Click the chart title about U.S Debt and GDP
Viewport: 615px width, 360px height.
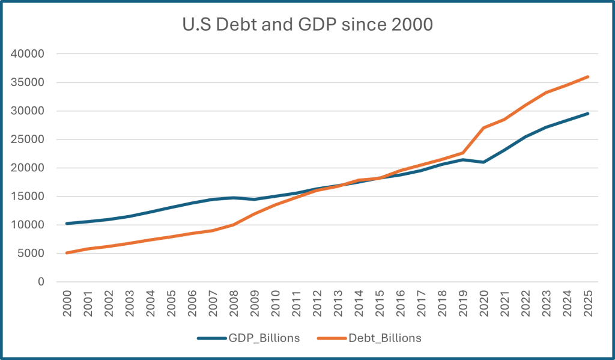tap(307, 25)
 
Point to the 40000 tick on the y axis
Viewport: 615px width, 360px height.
tap(28, 54)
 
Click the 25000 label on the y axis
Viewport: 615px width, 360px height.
tap(28, 139)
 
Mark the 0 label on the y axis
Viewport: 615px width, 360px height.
tap(41, 282)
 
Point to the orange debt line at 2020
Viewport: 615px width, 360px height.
tap(484, 127)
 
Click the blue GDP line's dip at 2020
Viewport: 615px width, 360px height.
tap(484, 162)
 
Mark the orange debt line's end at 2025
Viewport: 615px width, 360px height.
tap(588, 76)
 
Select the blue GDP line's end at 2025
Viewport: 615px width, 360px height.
tap(588, 114)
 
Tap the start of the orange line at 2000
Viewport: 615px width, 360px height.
tap(67, 253)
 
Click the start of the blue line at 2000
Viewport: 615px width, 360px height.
tap(67, 224)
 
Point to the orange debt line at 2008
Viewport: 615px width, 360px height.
tap(234, 225)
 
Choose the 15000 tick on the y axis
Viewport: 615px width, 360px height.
tap(28, 197)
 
